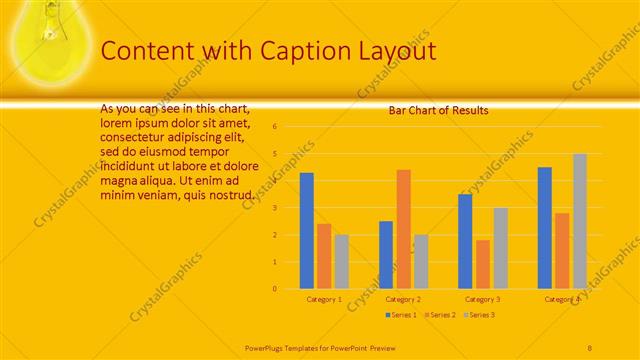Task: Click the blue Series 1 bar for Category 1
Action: pyautogui.click(x=306, y=231)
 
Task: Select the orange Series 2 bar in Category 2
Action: pyautogui.click(x=403, y=229)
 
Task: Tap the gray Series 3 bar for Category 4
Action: pyautogui.click(x=580, y=221)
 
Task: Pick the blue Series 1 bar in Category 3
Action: pyautogui.click(x=465, y=241)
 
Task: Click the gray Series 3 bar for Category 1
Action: pyautogui.click(x=342, y=262)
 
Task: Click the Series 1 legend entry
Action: pyautogui.click(x=402, y=315)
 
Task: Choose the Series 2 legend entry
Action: pyautogui.click(x=441, y=315)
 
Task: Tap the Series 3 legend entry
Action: pyautogui.click(x=480, y=315)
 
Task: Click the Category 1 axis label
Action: pyautogui.click(x=324, y=299)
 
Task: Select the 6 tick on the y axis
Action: pyautogui.click(x=274, y=127)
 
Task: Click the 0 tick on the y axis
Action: pyautogui.click(x=274, y=289)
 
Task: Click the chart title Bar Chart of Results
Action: pyautogui.click(x=438, y=111)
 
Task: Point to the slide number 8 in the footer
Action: pyautogui.click(x=590, y=347)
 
